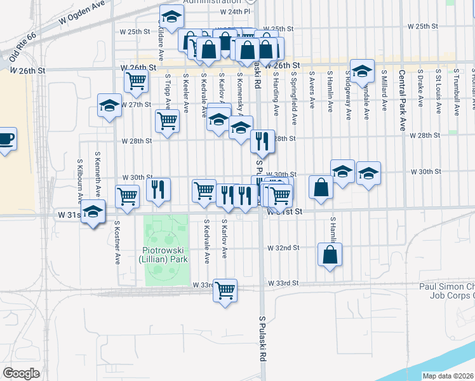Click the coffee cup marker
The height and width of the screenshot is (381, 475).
tap(5, 139)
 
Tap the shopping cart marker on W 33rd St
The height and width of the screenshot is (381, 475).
tap(225, 291)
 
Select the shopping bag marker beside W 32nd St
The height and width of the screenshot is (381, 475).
tap(330, 255)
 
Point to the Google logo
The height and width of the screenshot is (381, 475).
tap(21, 373)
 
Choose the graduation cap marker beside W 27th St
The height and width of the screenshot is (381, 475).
tap(109, 106)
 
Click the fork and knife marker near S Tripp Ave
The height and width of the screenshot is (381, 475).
tap(158, 189)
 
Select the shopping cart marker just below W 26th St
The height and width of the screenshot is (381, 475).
tap(136, 81)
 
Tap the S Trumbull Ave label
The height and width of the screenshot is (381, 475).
tap(457, 94)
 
